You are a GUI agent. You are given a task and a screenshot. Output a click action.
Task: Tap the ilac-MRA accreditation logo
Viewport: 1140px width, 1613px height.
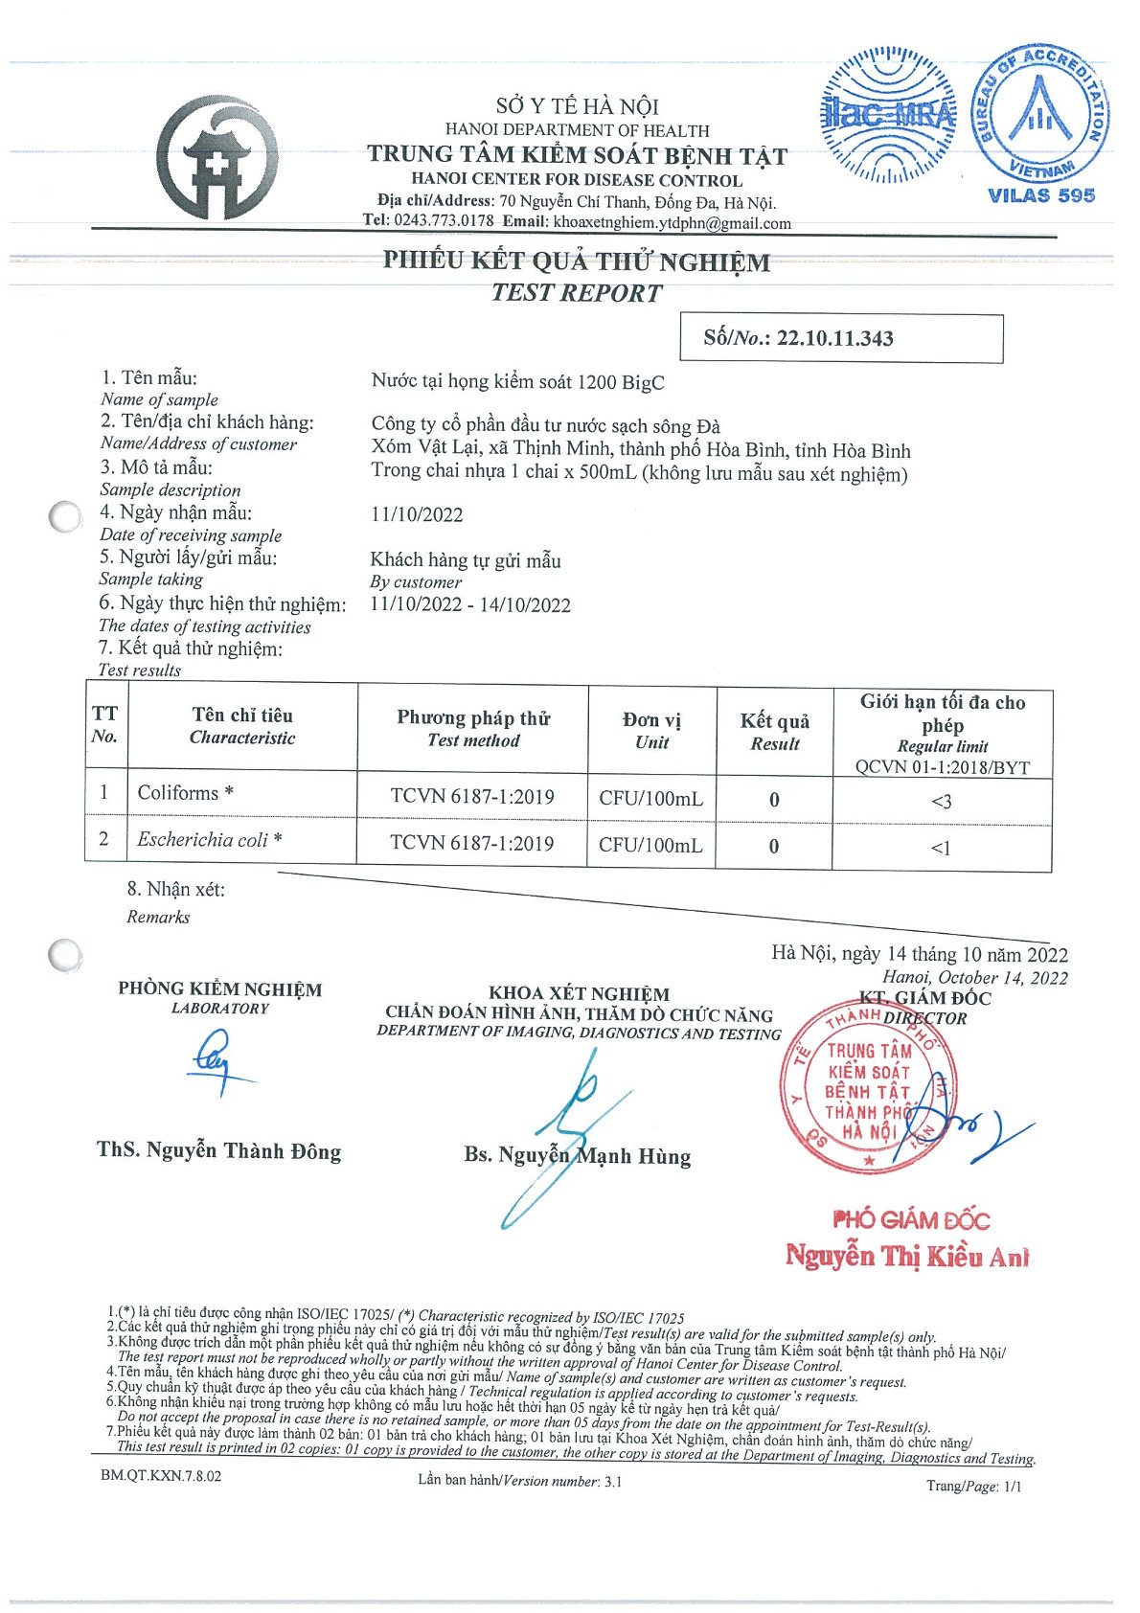point(890,117)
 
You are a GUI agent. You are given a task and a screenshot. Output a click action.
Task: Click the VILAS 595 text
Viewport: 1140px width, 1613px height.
point(1041,195)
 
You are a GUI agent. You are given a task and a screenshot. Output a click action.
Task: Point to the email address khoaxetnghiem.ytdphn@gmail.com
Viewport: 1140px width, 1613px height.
point(673,223)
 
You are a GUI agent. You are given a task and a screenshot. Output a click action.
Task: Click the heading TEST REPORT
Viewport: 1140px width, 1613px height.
point(577,293)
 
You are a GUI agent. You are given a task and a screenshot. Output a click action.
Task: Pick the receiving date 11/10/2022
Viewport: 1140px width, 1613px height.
point(417,514)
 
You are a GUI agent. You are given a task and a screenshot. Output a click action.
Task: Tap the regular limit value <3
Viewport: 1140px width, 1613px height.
point(942,801)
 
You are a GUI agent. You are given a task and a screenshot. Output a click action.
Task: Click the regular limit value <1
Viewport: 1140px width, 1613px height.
point(941,848)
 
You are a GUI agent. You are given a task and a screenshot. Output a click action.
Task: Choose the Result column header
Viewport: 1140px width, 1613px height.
point(774,732)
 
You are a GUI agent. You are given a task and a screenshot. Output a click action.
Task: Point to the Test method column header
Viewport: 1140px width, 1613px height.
point(473,729)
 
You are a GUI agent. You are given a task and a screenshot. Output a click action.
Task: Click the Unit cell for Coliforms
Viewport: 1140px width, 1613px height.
point(650,798)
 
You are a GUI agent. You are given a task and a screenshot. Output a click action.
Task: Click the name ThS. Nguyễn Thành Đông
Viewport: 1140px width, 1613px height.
point(219,1150)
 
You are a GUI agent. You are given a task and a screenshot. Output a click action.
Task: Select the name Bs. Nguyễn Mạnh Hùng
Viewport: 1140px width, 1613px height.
point(578,1155)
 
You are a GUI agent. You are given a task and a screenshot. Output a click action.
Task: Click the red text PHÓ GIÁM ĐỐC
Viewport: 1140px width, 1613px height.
point(911,1219)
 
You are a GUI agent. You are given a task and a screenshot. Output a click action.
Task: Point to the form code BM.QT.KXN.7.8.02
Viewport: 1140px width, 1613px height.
point(161,1476)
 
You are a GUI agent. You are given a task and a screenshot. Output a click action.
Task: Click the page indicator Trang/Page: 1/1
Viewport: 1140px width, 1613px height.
point(973,1486)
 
